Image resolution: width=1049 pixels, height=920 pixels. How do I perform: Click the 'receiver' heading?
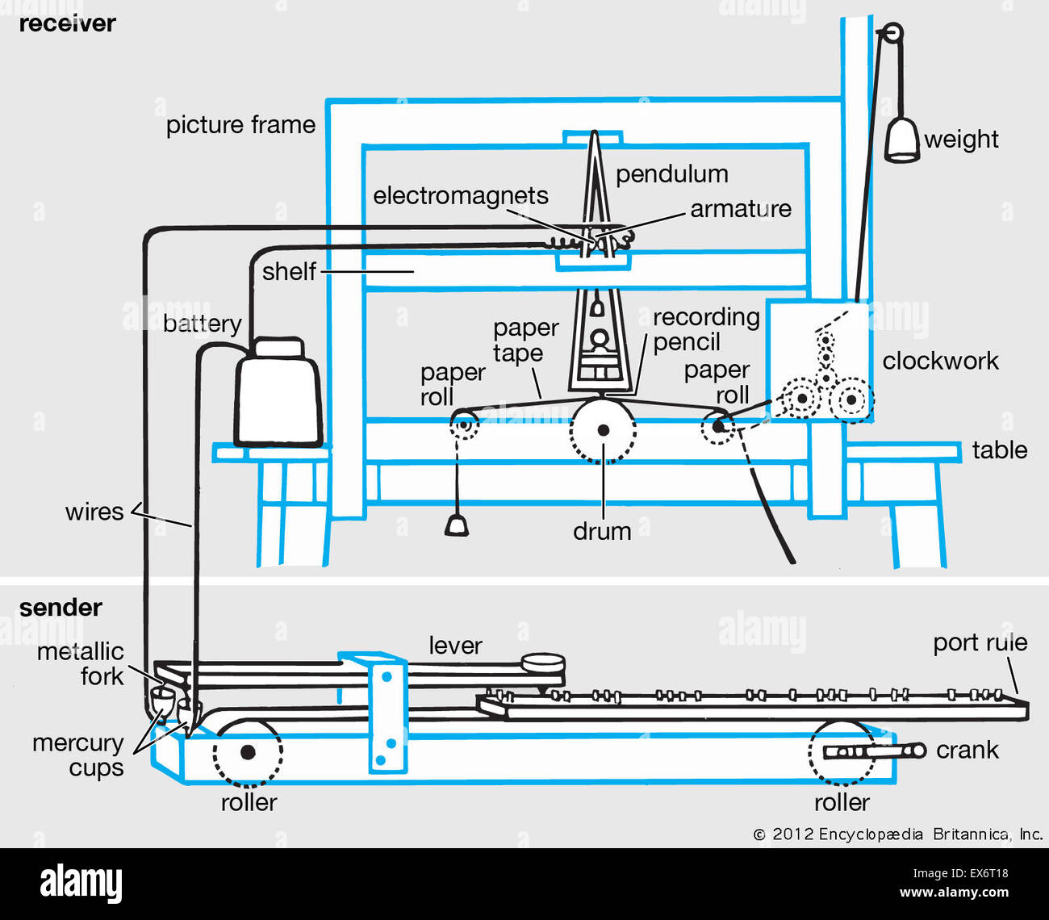[x=67, y=23]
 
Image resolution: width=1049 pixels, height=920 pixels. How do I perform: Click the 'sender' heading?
[x=61, y=608]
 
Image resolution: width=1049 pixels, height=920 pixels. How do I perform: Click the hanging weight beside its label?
[x=902, y=140]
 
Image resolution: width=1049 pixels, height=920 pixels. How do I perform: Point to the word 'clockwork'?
[x=940, y=361]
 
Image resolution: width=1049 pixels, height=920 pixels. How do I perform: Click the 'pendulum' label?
[x=671, y=174]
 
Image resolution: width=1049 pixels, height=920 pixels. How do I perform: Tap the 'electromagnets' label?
[x=460, y=195]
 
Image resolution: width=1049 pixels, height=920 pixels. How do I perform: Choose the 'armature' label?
[x=740, y=209]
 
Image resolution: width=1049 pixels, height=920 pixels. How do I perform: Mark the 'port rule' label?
[x=980, y=642]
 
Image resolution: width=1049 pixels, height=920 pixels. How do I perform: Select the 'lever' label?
[x=455, y=646]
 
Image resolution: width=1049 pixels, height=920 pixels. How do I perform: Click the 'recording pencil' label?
[x=705, y=329]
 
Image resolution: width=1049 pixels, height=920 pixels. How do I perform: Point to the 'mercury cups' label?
[x=78, y=755]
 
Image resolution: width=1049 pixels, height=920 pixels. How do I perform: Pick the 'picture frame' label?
[x=240, y=125]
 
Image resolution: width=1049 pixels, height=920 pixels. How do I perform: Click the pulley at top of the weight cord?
[x=890, y=33]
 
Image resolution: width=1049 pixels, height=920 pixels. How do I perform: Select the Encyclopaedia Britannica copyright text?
[x=897, y=834]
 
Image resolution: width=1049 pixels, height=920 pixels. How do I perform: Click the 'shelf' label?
[x=289, y=271]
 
